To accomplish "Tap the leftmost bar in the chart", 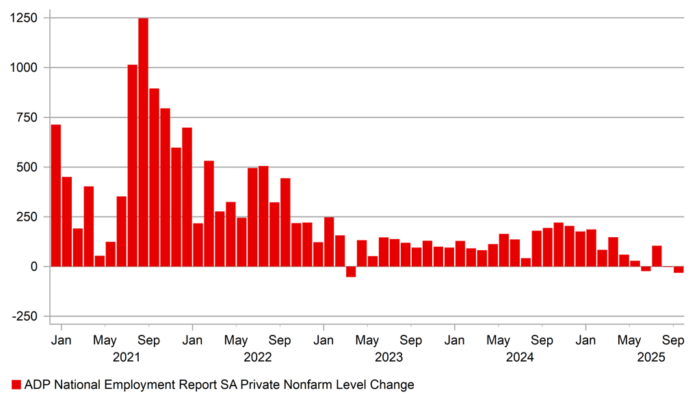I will pos(56,195).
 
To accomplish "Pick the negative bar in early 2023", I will pos(351,271).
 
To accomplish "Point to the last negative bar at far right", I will pos(678,269).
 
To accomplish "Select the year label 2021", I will pos(127,357).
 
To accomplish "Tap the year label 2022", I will pos(258,357).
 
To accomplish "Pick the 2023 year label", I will pos(389,357).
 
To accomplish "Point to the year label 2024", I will pos(520,357).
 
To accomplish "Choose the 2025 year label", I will pos(651,357).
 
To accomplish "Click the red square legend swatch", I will pos(16,385).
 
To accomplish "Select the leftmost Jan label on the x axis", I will pos(61,340).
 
